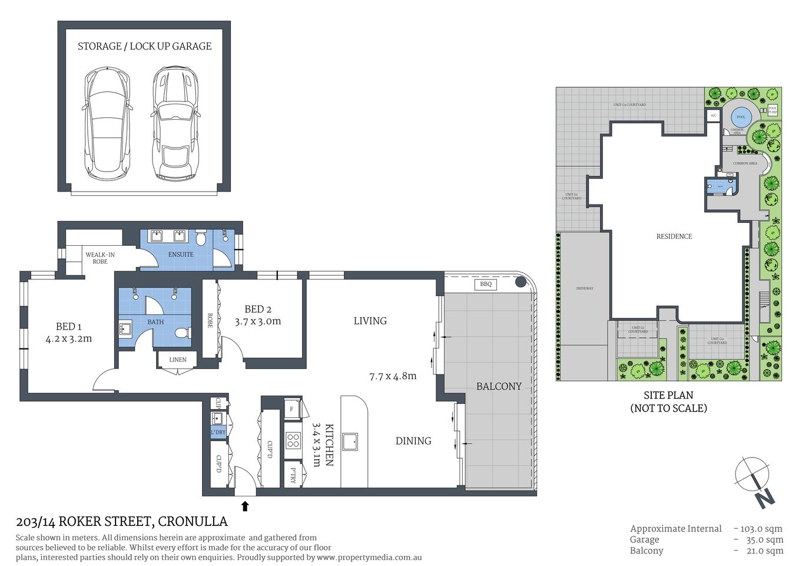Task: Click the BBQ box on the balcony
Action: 485,284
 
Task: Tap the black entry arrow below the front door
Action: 245,506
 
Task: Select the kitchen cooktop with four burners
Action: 293,440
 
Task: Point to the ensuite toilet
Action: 200,238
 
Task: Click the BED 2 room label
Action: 258,309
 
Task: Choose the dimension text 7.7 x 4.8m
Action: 393,376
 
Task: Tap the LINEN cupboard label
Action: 177,360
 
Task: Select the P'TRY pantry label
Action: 293,476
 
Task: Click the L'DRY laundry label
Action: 218,432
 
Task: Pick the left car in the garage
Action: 107,123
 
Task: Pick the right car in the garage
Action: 174,123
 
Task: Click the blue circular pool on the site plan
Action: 741,116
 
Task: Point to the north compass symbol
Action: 755,481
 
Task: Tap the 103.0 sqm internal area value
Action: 761,529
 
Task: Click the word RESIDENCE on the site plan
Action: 674,236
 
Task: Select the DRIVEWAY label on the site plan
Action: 585,288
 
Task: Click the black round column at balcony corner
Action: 521,282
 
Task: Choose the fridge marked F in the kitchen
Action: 292,409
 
